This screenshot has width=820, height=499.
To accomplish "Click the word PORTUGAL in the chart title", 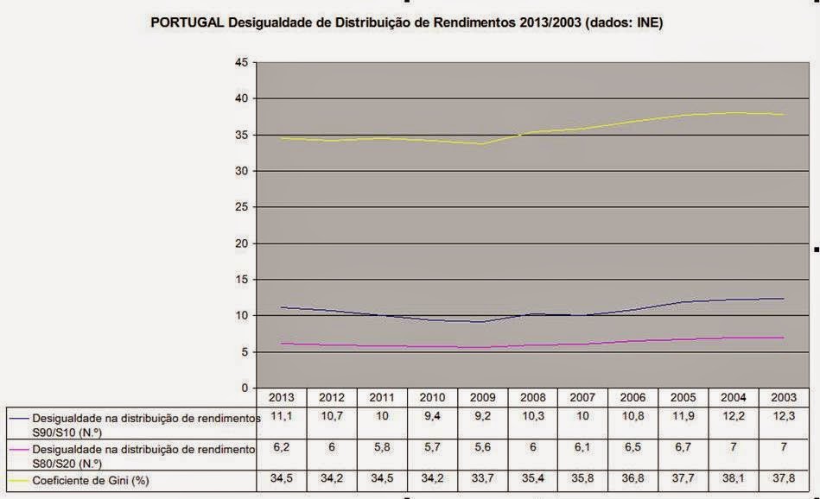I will [187, 23].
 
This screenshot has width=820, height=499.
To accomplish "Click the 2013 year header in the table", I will [282, 398].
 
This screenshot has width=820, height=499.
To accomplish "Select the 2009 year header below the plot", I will [482, 398].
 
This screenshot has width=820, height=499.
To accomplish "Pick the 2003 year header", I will [783, 398].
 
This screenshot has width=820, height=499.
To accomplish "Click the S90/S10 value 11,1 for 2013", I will [282, 418].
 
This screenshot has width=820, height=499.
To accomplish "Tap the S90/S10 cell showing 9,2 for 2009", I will [482, 418].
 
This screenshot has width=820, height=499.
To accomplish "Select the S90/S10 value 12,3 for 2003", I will [783, 418].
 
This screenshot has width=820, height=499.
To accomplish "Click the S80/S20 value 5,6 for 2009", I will [482, 450].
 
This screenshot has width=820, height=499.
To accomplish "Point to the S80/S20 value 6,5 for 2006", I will [632, 450].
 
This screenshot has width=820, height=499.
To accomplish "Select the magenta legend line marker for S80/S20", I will [17, 450].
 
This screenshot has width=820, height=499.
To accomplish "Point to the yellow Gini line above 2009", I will [482, 143].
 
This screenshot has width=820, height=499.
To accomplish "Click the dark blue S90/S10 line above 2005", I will [683, 302].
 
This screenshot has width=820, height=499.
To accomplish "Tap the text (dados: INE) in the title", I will [623, 23].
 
